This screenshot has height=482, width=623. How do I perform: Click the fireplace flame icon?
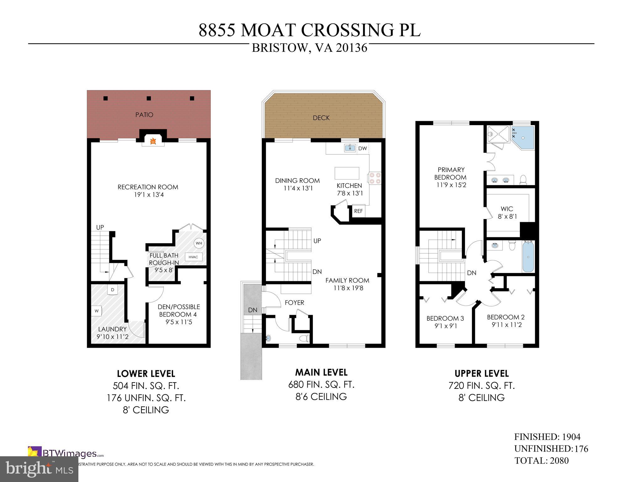click(153, 142)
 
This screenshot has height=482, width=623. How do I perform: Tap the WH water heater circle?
click(199, 243)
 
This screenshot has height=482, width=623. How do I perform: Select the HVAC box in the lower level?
click(193, 257)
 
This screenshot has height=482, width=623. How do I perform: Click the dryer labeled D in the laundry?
click(113, 290)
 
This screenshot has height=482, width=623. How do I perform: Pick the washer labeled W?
click(97, 311)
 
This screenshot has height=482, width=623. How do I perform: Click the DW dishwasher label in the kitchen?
click(362, 148)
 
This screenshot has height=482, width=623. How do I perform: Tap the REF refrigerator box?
click(358, 211)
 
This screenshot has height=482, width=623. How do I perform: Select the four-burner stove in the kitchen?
click(375, 178)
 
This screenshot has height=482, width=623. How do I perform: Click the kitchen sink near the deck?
click(350, 148)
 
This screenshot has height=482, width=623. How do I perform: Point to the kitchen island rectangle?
click(347, 173)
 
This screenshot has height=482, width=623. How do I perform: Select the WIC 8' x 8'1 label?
click(507, 212)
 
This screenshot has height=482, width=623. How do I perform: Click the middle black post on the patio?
click(149, 98)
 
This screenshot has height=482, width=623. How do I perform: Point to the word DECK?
click(321, 118)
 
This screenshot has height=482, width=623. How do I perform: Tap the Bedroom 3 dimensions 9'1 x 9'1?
click(446, 326)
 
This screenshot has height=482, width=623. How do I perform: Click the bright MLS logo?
click(39, 469)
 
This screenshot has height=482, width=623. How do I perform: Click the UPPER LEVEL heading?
click(482, 373)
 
